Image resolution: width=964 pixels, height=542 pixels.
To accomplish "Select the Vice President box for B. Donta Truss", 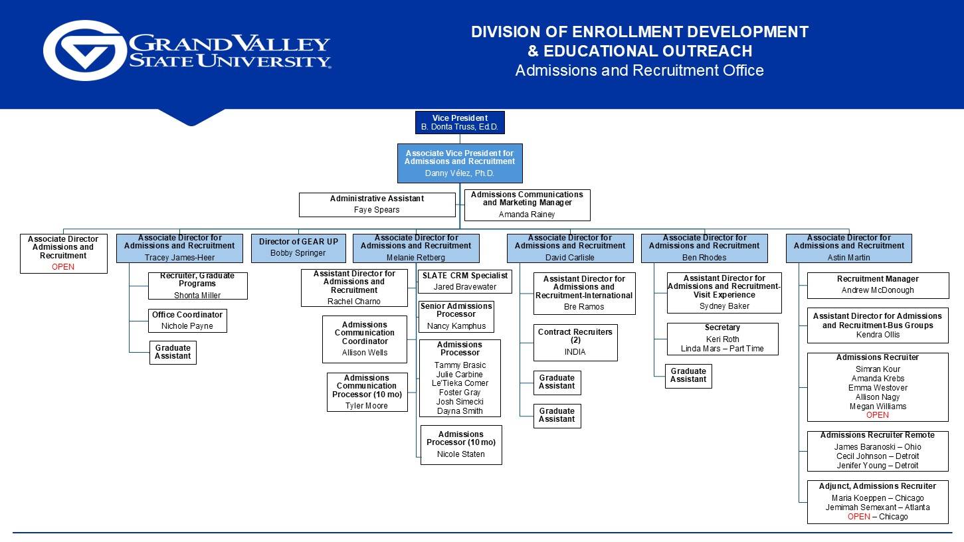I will pyautogui.click(x=459, y=122).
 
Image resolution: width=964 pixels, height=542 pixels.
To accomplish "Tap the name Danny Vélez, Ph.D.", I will pyautogui.click(x=460, y=173).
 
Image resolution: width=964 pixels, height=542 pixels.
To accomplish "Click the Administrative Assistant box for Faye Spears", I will pyautogui.click(x=377, y=205).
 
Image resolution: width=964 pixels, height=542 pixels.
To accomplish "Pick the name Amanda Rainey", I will pyautogui.click(x=527, y=215).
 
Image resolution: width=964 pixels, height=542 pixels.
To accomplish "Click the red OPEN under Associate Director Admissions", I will pyautogui.click(x=63, y=267).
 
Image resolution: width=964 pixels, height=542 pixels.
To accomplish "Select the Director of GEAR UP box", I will pyautogui.click(x=298, y=248).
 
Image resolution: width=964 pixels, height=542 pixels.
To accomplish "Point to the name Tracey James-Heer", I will pyautogui.click(x=179, y=258).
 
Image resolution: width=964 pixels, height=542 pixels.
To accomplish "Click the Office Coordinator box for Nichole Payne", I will pyautogui.click(x=187, y=321).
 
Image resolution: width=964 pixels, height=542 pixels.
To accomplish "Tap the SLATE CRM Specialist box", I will pyautogui.click(x=465, y=281).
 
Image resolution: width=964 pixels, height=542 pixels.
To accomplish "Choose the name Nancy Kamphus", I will pyautogui.click(x=456, y=326).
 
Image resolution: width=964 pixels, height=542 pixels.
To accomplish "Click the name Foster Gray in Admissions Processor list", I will pyautogui.click(x=460, y=393).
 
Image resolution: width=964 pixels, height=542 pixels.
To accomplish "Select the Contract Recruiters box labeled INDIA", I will pyautogui.click(x=575, y=342).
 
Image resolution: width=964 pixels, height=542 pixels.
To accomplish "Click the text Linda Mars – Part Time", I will pyautogui.click(x=722, y=349).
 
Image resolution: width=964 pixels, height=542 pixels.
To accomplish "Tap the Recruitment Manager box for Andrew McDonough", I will pyautogui.click(x=878, y=285).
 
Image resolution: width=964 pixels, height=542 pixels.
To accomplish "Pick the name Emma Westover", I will pyautogui.click(x=878, y=388).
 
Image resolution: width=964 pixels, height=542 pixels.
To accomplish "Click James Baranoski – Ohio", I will pyautogui.click(x=878, y=447).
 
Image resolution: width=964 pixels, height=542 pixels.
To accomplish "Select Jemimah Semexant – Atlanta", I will pyautogui.click(x=878, y=507).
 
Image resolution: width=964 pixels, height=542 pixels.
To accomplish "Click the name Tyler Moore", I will pyautogui.click(x=367, y=406).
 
